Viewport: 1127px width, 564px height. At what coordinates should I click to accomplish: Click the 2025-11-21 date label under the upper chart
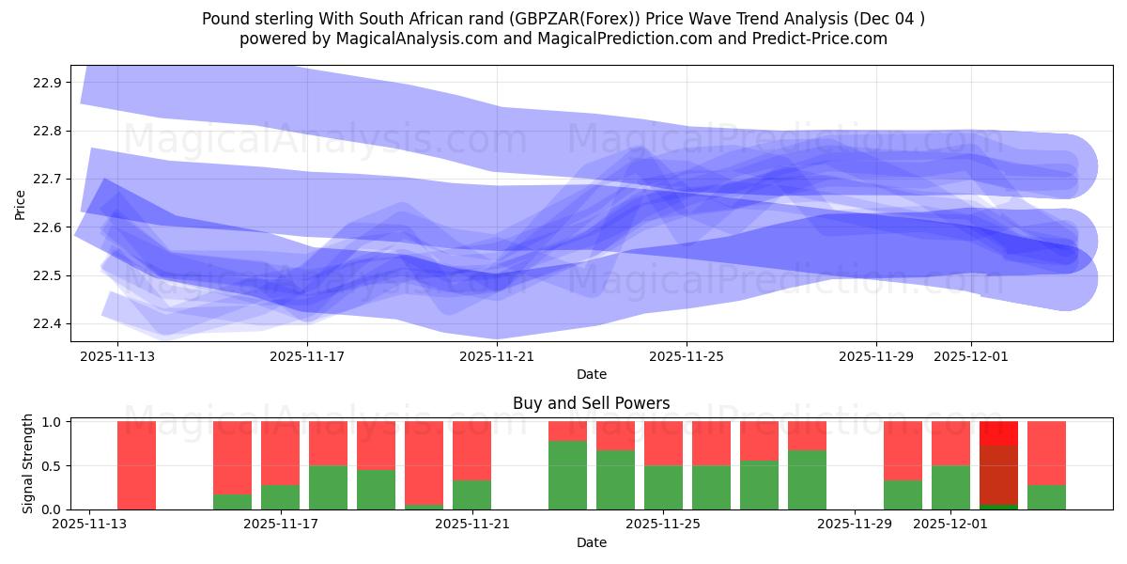497,356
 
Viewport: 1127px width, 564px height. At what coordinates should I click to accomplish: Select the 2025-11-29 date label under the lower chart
855,525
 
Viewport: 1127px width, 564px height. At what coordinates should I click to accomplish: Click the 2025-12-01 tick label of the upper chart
971,356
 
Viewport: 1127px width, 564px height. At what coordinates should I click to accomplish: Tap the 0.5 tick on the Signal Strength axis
52,466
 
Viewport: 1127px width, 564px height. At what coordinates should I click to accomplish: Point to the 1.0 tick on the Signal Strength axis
52,422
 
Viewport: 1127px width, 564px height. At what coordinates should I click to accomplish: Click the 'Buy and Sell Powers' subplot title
591,403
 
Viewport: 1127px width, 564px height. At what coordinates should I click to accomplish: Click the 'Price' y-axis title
20,203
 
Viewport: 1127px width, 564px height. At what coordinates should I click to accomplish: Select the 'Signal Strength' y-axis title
28,463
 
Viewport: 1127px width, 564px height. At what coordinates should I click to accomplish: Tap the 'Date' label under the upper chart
591,374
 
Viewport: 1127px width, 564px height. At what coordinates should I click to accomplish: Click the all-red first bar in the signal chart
136,465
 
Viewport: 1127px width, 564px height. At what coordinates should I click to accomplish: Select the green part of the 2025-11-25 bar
663,488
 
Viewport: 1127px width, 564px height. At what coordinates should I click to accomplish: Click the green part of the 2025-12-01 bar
950,488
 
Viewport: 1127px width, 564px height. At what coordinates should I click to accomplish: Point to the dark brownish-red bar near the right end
998,475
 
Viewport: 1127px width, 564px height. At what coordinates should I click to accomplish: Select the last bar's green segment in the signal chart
1046,497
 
